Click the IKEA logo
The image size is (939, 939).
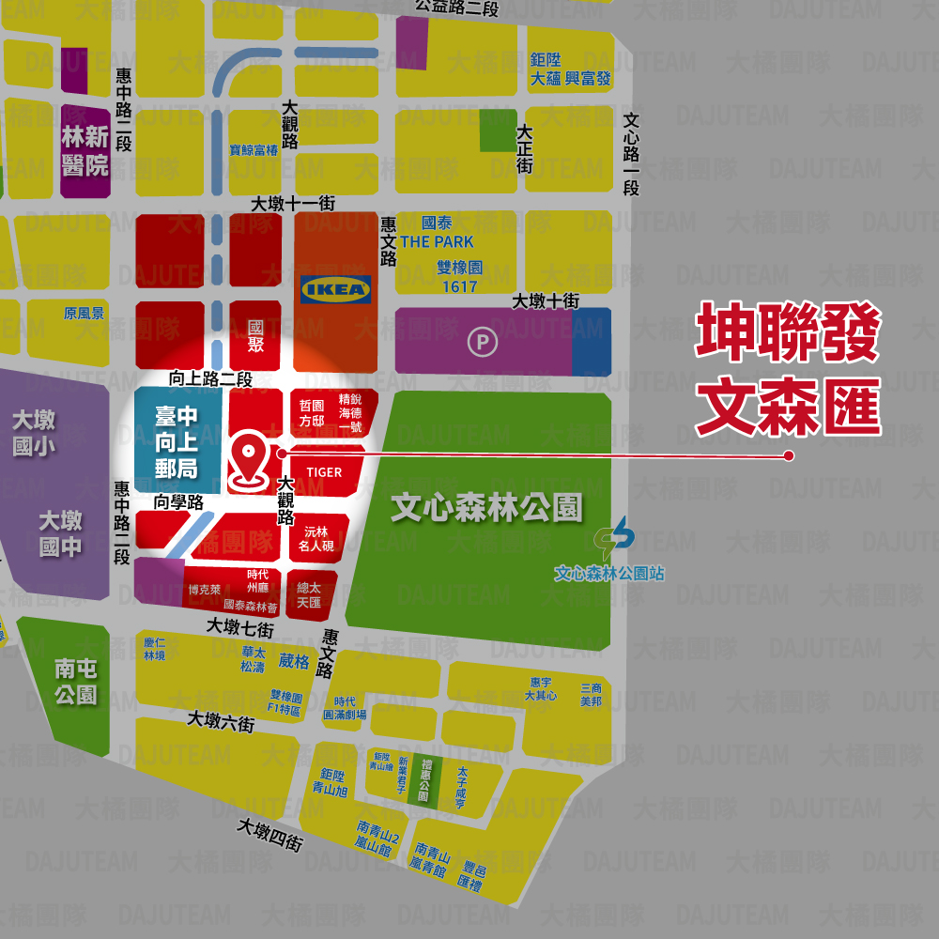pos(335,288)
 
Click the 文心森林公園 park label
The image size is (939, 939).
pos(486,507)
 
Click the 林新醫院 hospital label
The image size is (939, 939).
pos(85,151)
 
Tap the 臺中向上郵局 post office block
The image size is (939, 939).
pos(177,442)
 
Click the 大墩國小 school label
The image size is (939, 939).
pos(34,433)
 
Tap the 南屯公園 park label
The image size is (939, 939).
pos(76,682)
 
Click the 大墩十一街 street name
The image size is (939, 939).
pos(293,204)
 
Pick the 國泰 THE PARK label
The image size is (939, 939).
pos(437,233)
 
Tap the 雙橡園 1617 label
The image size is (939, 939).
pos(458,277)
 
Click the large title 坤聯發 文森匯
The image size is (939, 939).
pos(788,371)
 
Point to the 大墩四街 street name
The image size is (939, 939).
pos(269,835)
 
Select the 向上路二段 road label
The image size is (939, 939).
pos(210,379)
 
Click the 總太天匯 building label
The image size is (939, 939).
pos(309,594)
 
